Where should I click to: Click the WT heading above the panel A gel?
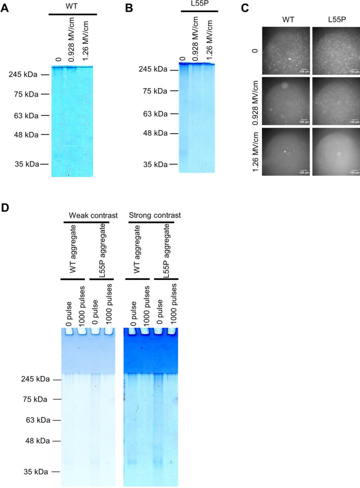pos(73,6)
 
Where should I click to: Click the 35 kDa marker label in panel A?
pos(24,164)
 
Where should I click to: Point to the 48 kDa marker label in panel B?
pos(153,133)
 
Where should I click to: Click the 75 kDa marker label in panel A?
pos(24,94)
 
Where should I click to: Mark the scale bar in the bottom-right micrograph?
pos(350,170)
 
